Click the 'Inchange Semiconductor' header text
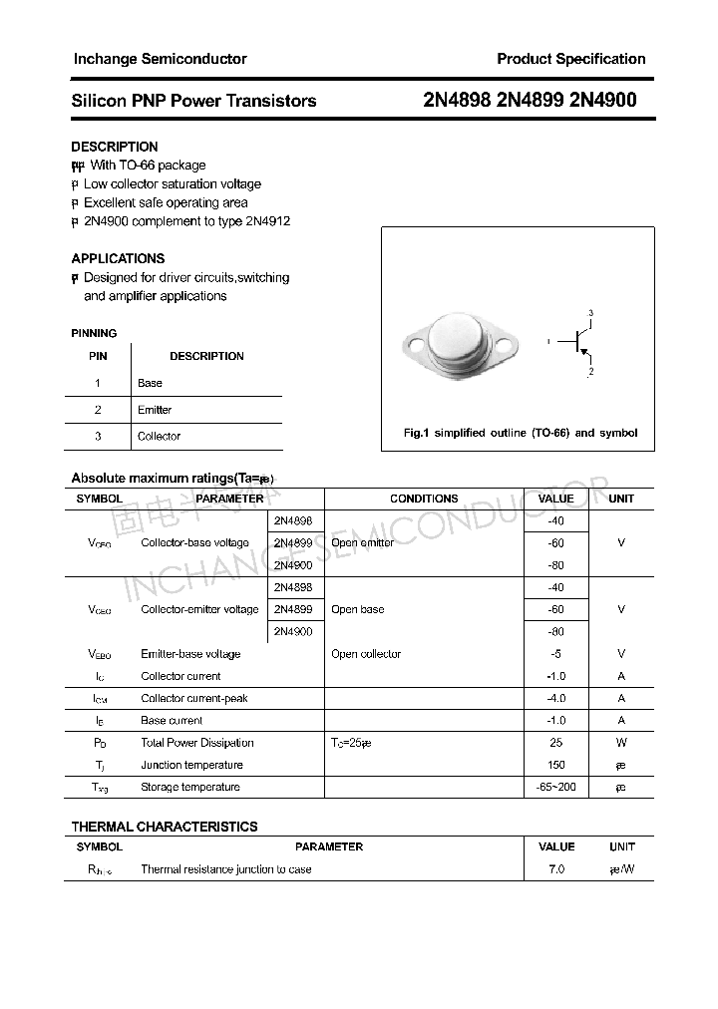pos(160,59)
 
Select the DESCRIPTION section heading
pos(115,147)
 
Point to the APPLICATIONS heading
pos(118,258)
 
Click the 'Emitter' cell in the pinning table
pos(155,410)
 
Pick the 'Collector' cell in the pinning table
pos(159,436)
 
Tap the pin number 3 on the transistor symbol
pos(590,314)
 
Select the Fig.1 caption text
pos(520,433)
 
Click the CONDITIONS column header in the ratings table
pos(424,499)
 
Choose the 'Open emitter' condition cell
pos(362,543)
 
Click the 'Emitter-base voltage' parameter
pos(190,654)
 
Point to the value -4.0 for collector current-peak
pos(555,698)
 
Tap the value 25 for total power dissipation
pos(555,743)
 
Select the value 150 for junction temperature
pos(555,765)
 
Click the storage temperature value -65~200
pos(555,787)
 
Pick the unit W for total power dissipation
pos(620,743)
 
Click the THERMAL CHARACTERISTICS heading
pos(165,827)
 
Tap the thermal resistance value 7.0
pos(555,869)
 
